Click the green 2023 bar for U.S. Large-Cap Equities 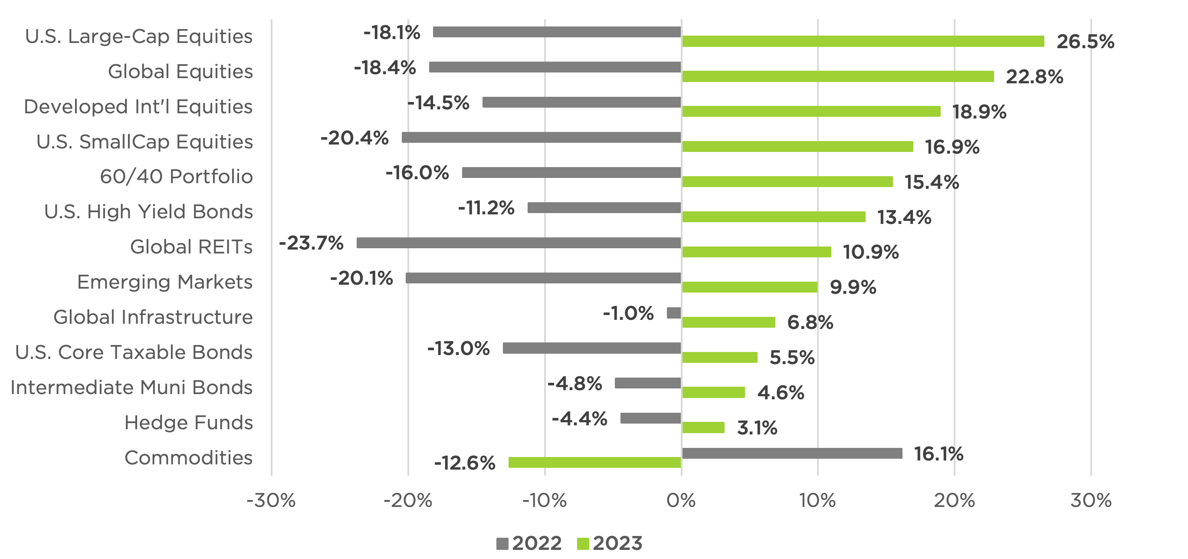click(863, 41)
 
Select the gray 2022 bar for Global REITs click(519, 243)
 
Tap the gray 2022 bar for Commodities click(791, 454)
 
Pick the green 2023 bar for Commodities click(594, 462)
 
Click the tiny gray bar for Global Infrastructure click(674, 313)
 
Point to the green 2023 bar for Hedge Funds click(703, 427)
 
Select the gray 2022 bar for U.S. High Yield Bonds click(604, 207)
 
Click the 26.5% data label click(1085, 42)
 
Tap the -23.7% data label click(311, 243)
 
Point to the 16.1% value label click(939, 454)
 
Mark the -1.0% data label click(628, 314)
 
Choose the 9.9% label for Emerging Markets click(853, 287)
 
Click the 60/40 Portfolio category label click(176, 177)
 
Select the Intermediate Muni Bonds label click(131, 388)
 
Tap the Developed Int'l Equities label click(138, 106)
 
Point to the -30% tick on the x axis click(271, 500)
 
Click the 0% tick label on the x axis click(681, 500)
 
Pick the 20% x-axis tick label click(954, 500)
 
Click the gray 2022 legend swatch click(502, 544)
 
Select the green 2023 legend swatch click(583, 544)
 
